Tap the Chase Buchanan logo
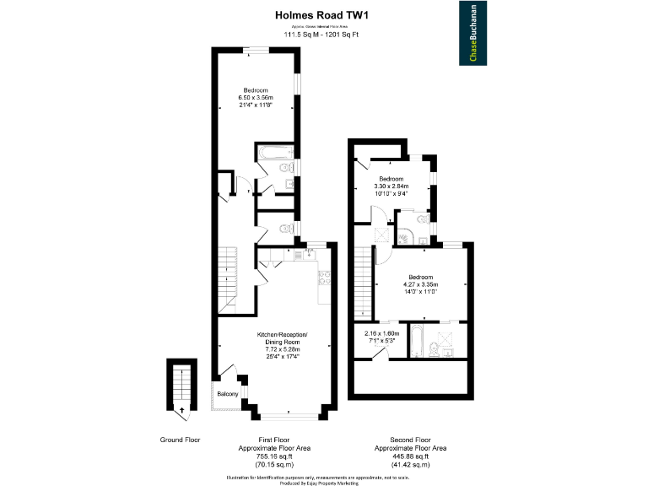click(472, 33)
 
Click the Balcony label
click(227, 394)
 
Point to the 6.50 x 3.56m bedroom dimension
click(256, 98)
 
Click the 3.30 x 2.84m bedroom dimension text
click(391, 186)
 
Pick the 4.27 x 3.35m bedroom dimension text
click(420, 284)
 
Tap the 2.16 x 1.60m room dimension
click(381, 333)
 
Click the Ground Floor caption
click(180, 440)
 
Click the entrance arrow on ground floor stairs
click(180, 411)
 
